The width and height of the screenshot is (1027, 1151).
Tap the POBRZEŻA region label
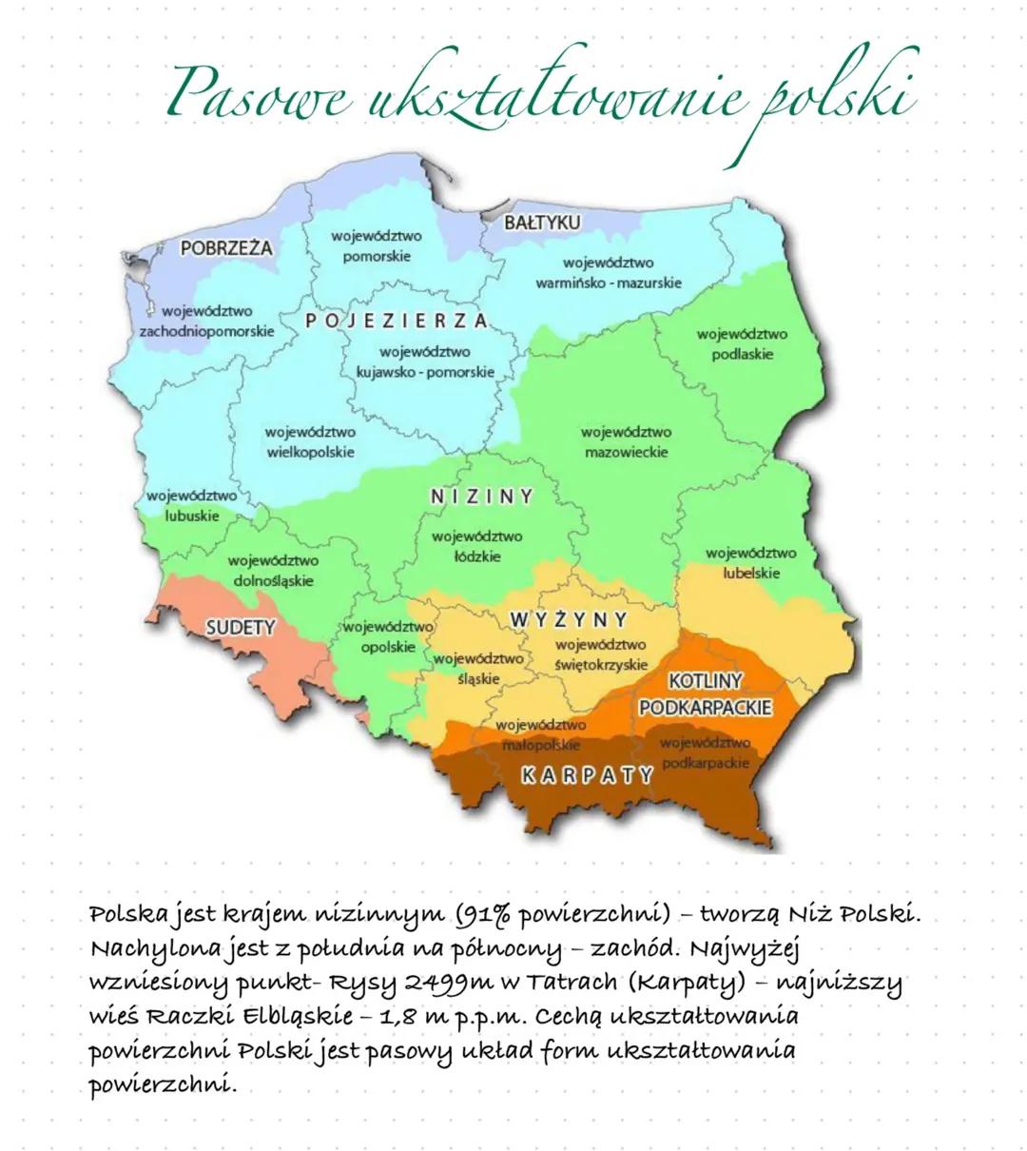[225, 248]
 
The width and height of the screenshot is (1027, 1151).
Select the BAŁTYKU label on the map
[541, 223]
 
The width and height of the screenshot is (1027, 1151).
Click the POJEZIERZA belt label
[397, 321]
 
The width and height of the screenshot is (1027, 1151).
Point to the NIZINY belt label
[482, 497]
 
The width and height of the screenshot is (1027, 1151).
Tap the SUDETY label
[241, 627]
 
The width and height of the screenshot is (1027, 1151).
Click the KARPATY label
[588, 775]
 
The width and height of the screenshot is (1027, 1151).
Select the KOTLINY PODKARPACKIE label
[705, 694]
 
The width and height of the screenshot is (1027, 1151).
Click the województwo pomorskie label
[377, 245]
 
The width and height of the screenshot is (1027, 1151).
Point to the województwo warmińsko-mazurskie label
[609, 273]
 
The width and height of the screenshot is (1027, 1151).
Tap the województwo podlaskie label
[742, 344]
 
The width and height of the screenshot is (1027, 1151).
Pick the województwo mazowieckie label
[626, 442]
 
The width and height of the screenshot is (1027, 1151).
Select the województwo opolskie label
[388, 636]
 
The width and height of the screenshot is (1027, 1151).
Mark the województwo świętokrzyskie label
[601, 654]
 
